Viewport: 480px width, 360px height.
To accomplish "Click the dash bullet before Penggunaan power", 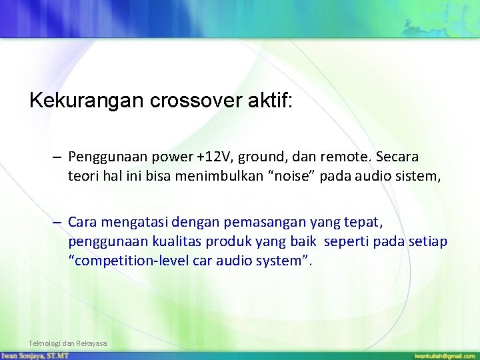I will (x=58, y=158).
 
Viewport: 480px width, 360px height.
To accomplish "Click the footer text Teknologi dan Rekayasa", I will (x=67, y=343).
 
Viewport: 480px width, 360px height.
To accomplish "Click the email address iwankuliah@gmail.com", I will (x=443, y=355).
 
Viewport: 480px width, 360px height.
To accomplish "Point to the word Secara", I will (x=398, y=158).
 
